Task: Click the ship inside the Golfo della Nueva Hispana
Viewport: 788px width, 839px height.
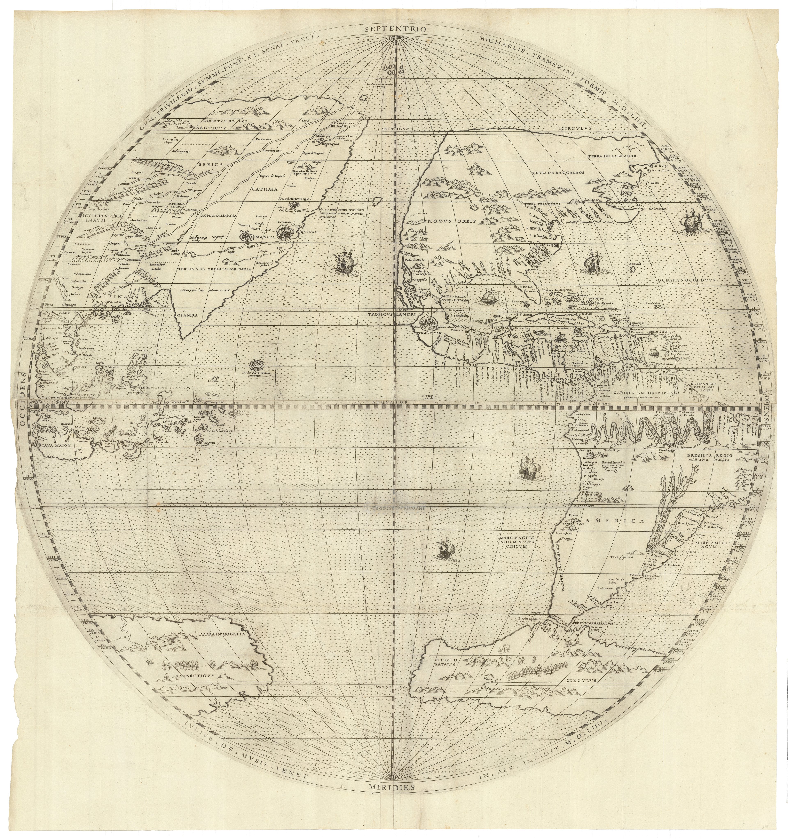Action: pos(489,296)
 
